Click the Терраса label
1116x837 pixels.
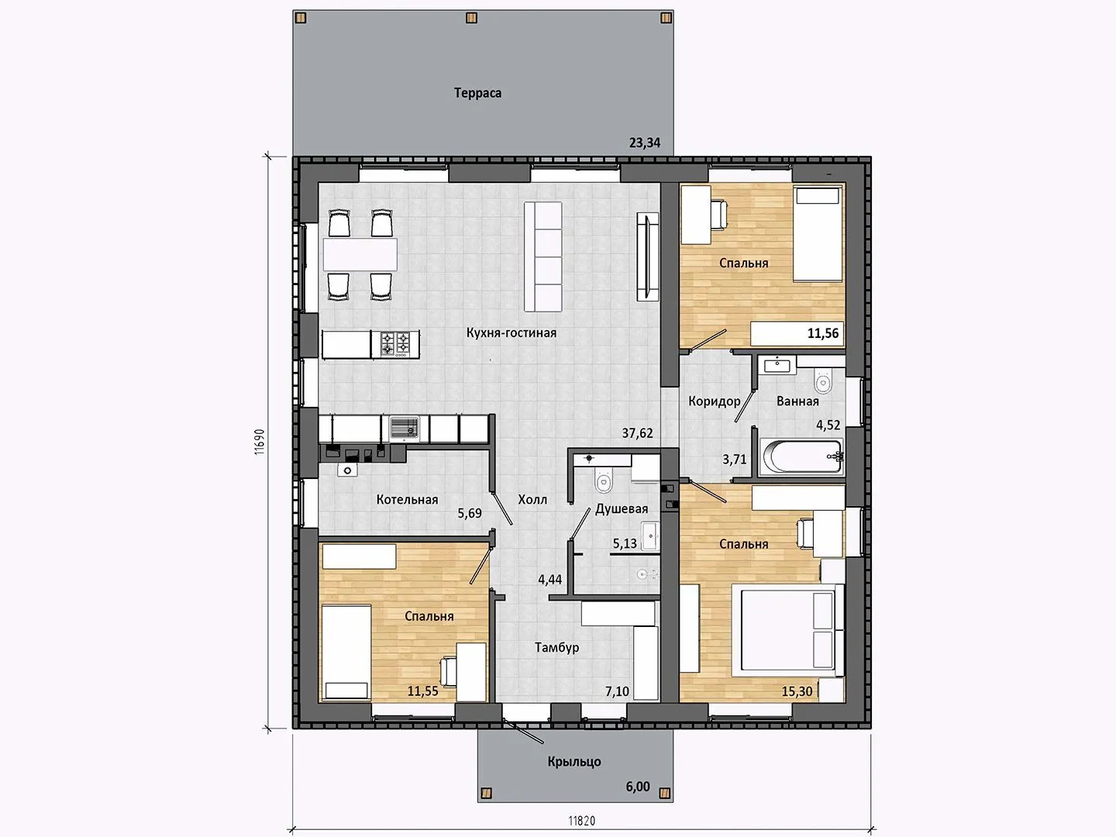coord(477,93)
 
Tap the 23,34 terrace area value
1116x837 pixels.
coord(645,143)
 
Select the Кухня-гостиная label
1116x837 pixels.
coord(511,333)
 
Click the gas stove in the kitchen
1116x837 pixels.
coord(395,343)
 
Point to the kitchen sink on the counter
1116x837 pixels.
coord(405,429)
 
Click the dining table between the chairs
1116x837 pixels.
coord(360,255)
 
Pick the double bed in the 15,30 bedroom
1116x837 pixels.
coord(787,630)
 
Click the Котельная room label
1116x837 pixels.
coord(407,500)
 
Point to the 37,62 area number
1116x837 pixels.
coord(638,433)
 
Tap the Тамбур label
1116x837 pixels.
coord(556,647)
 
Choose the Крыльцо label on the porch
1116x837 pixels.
coord(574,761)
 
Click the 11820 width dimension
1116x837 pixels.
coord(582,821)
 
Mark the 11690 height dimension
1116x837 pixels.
coord(260,442)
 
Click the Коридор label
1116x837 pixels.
coord(715,401)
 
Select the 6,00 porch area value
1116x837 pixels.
coord(638,787)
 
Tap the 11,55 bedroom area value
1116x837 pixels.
coord(422,691)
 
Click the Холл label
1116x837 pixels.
coord(532,500)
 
